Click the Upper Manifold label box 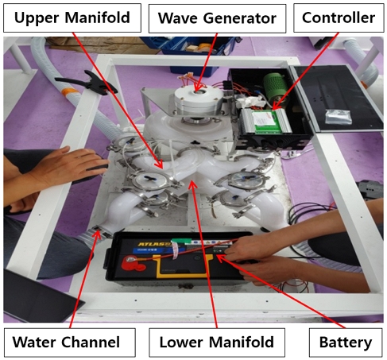(x=72, y=17)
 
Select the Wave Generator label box (x=217, y=18)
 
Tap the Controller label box (x=339, y=17)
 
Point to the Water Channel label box (x=70, y=343)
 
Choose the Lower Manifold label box (x=217, y=343)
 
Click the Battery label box (x=346, y=343)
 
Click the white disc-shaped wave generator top (x=199, y=99)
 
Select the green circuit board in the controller (x=265, y=121)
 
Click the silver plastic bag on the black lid (x=339, y=116)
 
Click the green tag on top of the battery (x=181, y=240)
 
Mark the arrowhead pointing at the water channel (x=98, y=234)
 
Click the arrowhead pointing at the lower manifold (x=193, y=185)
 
